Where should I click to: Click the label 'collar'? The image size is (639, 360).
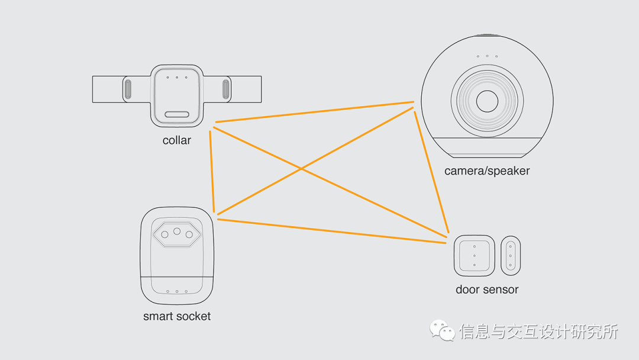click(x=177, y=140)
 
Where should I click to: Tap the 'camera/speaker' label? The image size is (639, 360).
click(x=487, y=171)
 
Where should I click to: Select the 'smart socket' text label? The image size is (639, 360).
click(x=177, y=316)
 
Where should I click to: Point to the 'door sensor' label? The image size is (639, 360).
click(x=487, y=290)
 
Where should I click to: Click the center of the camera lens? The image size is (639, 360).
click(x=488, y=101)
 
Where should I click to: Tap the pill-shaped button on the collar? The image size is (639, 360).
click(x=177, y=114)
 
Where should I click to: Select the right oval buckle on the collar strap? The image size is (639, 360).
click(x=225, y=89)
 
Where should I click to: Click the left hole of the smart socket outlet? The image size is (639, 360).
click(x=164, y=234)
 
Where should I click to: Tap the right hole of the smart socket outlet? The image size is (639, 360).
click(x=189, y=234)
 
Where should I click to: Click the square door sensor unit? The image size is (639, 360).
click(x=474, y=256)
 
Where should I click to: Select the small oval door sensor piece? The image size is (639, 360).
click(x=510, y=256)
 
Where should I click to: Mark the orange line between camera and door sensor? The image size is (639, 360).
click(x=431, y=172)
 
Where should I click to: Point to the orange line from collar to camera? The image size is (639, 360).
click(x=314, y=112)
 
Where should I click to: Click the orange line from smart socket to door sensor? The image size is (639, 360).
click(x=331, y=231)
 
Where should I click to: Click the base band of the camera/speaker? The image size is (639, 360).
click(x=488, y=147)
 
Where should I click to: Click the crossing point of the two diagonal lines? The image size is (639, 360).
click(x=302, y=169)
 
